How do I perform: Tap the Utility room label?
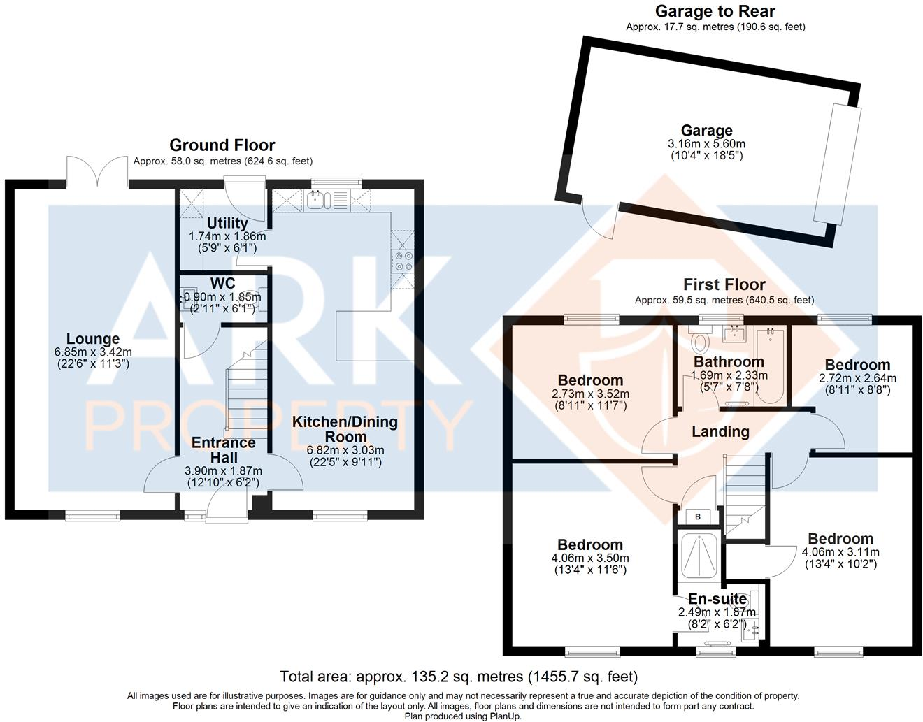point(227,223)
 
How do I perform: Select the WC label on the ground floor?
point(222,284)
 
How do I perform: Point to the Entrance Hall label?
point(223,450)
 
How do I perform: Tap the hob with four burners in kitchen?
point(403,261)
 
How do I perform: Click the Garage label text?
point(706,131)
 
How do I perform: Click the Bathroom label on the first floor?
point(729,361)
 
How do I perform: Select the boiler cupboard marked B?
point(698,517)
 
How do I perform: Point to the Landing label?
point(720,432)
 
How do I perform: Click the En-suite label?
point(717,599)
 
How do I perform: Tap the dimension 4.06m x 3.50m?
point(589,558)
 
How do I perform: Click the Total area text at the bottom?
point(459,677)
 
